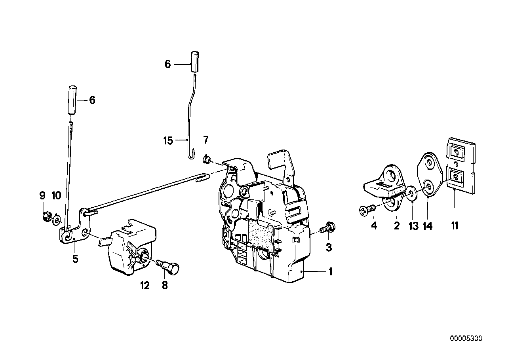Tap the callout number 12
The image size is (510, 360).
click(145, 285)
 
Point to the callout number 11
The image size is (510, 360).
click(455, 226)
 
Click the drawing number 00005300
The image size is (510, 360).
click(466, 339)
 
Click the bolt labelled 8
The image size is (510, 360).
click(169, 269)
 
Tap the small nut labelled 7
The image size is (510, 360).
click(206, 159)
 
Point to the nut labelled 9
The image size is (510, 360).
click(45, 216)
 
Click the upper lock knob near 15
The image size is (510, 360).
click(195, 61)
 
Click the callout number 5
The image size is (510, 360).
click(75, 259)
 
